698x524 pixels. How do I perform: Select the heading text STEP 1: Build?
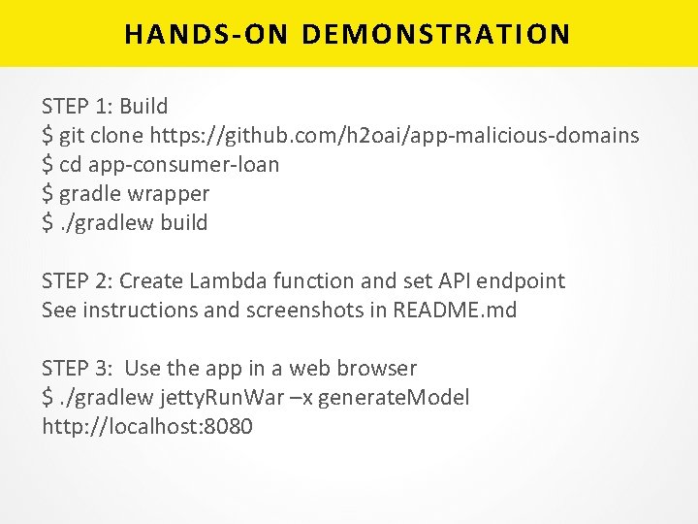click(x=105, y=106)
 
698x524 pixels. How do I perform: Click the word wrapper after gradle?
click(x=172, y=193)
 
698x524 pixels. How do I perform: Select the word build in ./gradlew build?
click(x=184, y=222)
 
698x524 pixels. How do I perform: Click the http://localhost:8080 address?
click(x=147, y=426)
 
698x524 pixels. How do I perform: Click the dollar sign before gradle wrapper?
click(x=48, y=193)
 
